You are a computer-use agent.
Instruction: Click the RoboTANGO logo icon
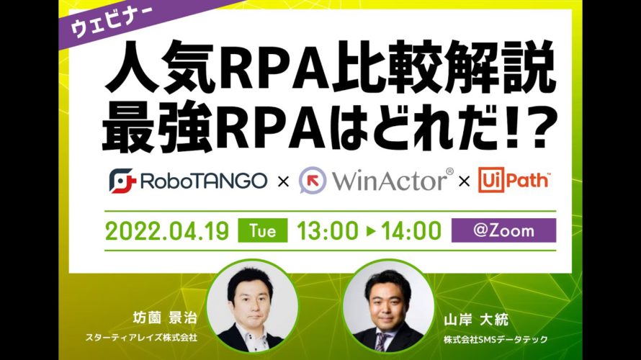coord(122,180)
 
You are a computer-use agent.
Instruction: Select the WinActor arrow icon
coord(313,180)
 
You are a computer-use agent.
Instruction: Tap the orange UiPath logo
coord(514,180)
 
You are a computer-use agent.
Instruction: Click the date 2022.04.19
coord(167,231)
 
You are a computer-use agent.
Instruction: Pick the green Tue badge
coord(262,231)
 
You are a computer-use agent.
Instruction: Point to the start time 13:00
coord(328,231)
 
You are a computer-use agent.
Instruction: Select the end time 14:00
coord(411,231)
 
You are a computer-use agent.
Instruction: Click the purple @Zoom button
coord(503,230)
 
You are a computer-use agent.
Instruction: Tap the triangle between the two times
coord(370,231)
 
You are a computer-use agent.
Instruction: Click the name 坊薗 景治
coord(165,318)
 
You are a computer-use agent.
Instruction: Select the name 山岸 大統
coord(476,320)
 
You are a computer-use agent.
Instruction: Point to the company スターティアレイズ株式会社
coord(141,338)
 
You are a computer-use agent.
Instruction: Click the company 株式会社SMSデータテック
coord(496,339)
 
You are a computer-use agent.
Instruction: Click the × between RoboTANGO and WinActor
coord(283,181)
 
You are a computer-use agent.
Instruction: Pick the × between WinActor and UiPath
coord(464,181)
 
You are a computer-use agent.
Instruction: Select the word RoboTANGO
coord(204,181)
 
